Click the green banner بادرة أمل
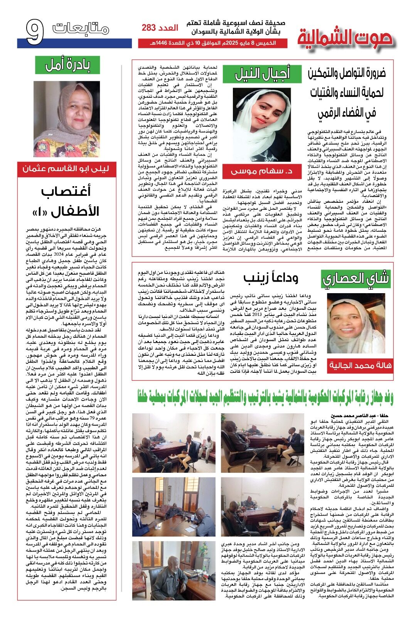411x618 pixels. coord(67,65)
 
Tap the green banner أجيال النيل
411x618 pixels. coord(262,74)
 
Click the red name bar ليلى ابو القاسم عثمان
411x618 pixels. coord(66,169)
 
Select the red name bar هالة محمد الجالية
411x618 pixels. coord(355,365)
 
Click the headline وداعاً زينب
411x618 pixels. coord(271,277)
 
